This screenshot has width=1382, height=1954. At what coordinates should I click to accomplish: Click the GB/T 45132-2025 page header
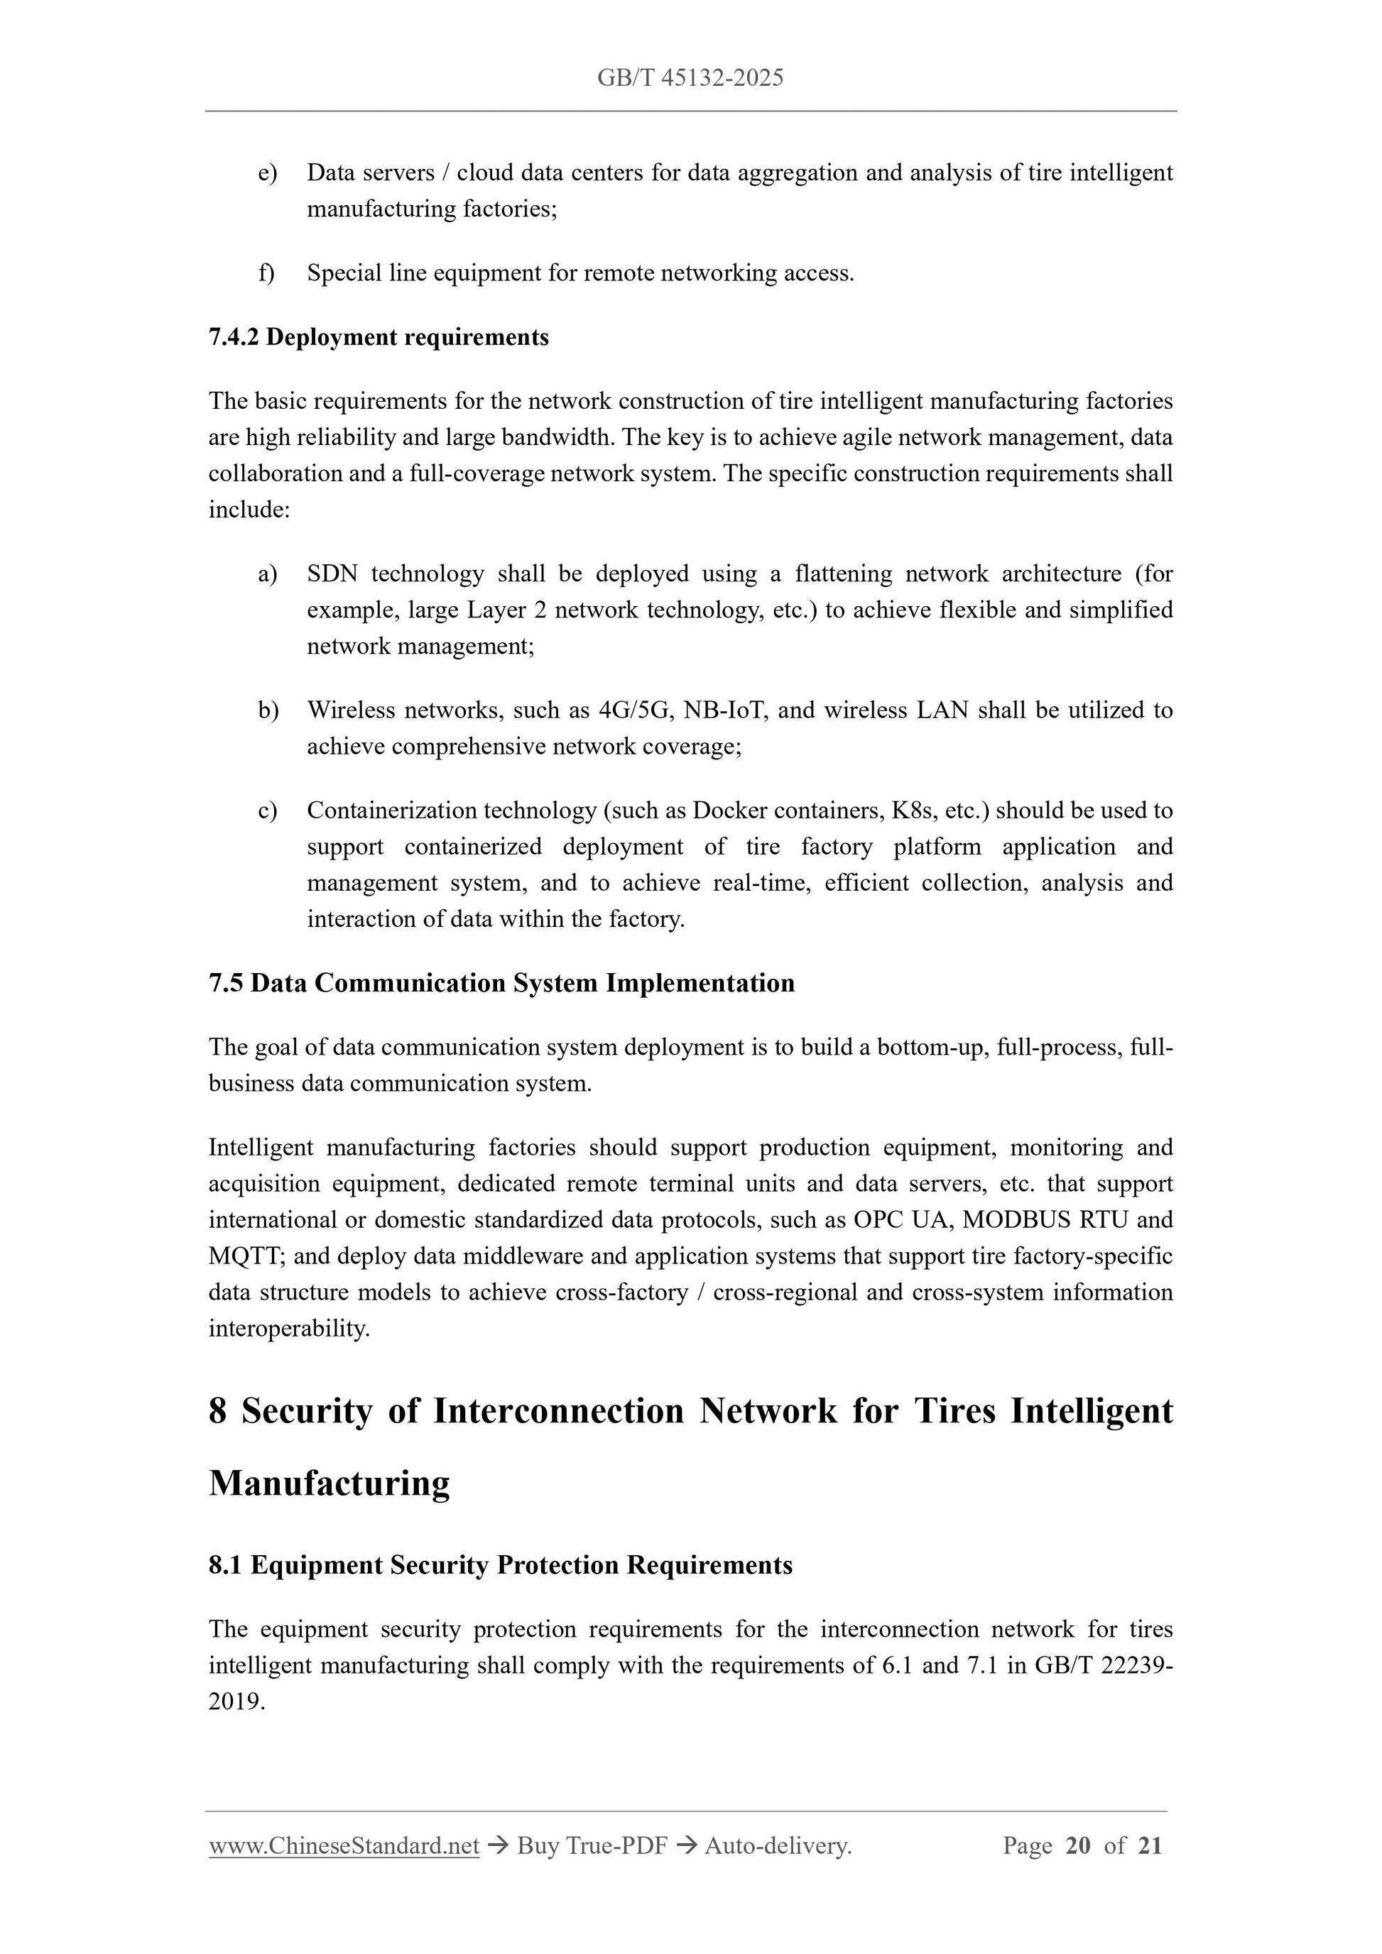[690, 78]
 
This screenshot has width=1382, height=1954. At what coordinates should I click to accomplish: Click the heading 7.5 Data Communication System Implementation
[501, 983]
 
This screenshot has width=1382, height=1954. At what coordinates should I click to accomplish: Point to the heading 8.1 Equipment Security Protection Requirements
[501, 1565]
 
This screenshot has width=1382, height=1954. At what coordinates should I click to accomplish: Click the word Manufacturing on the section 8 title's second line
[330, 1483]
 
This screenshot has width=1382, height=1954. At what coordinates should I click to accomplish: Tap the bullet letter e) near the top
[267, 172]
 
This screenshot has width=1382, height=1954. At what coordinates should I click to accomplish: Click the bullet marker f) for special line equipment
[266, 273]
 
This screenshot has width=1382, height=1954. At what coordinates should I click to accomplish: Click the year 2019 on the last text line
[235, 1702]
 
